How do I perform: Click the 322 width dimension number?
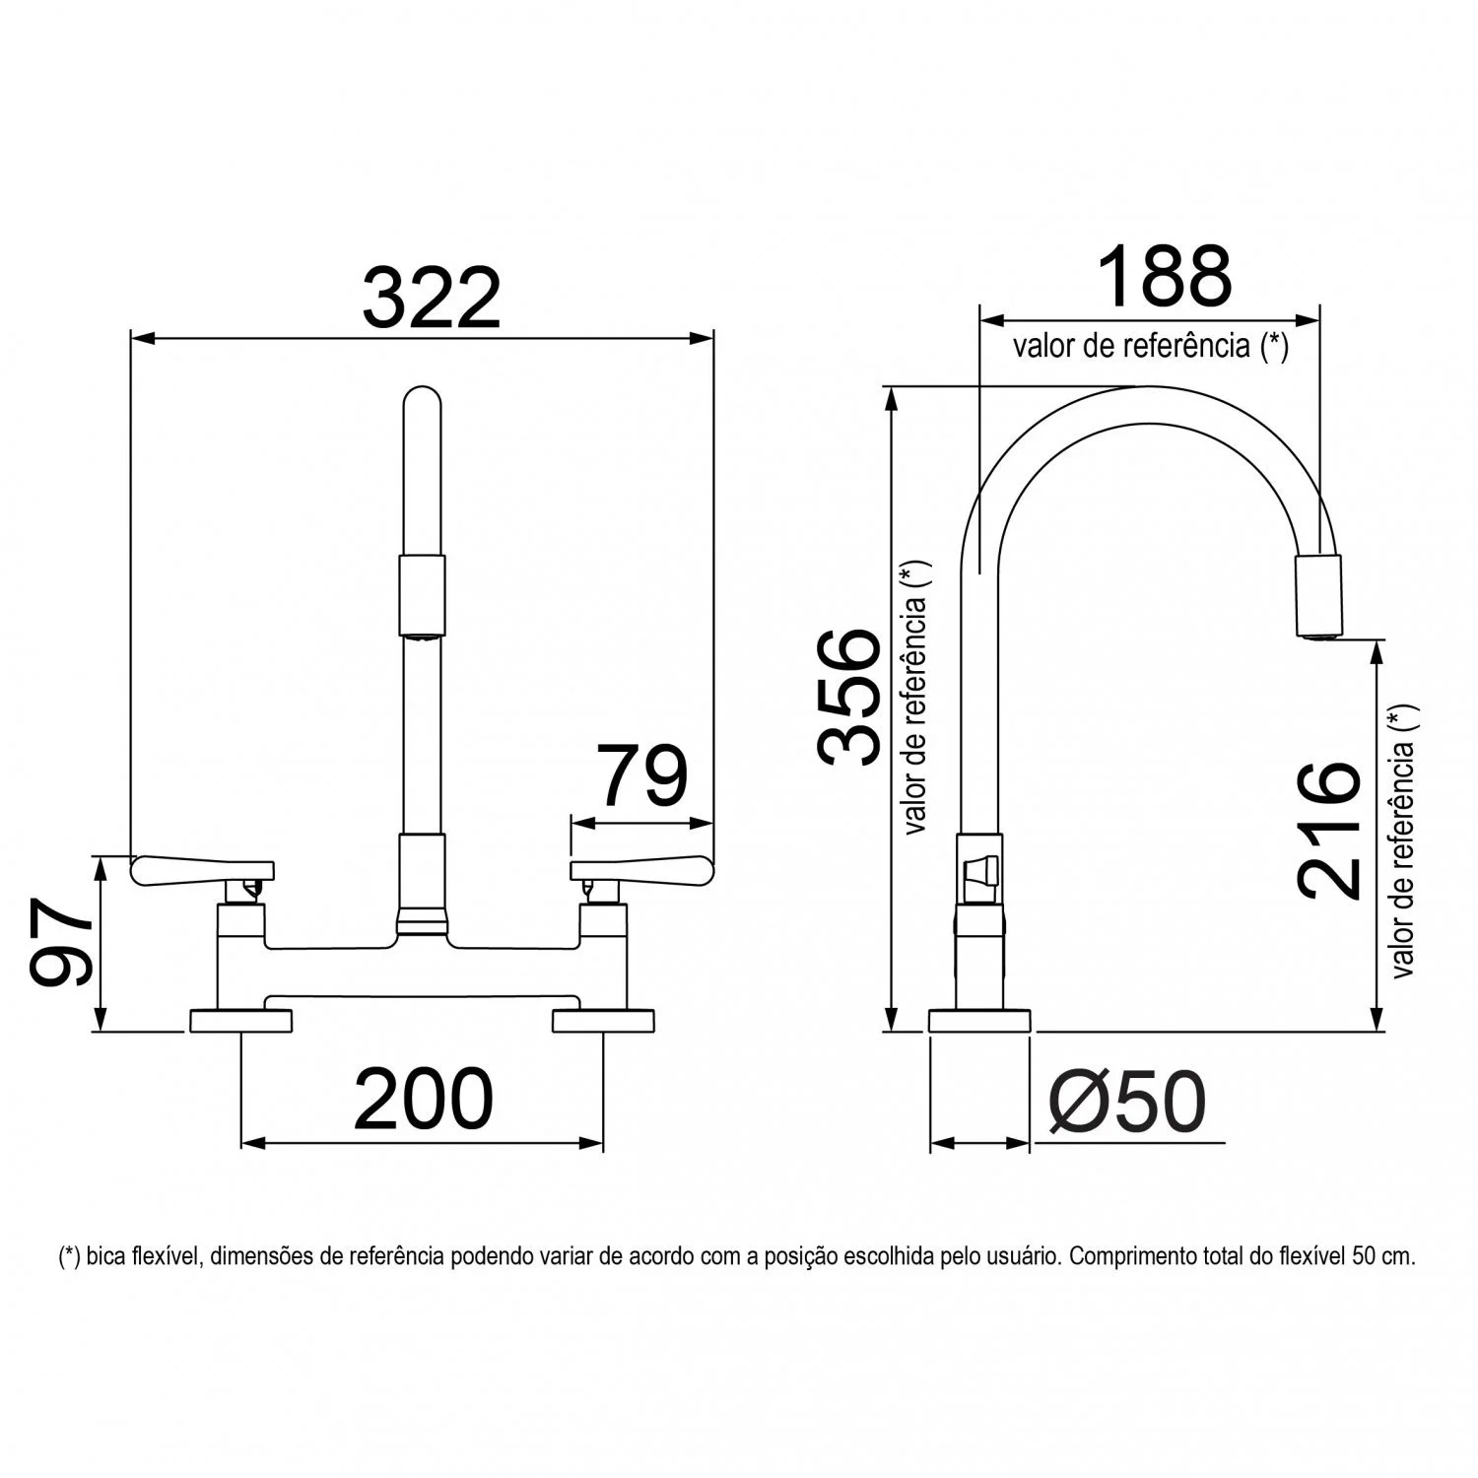(432, 297)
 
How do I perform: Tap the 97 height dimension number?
(61, 942)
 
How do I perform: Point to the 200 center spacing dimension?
(423, 1099)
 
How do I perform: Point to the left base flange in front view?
(239, 1020)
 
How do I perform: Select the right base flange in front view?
(604, 1020)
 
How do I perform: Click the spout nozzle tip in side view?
(1317, 596)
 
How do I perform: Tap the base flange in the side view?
(979, 1021)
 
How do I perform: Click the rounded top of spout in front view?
(423, 404)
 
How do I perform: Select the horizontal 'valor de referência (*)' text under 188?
(1150, 346)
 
